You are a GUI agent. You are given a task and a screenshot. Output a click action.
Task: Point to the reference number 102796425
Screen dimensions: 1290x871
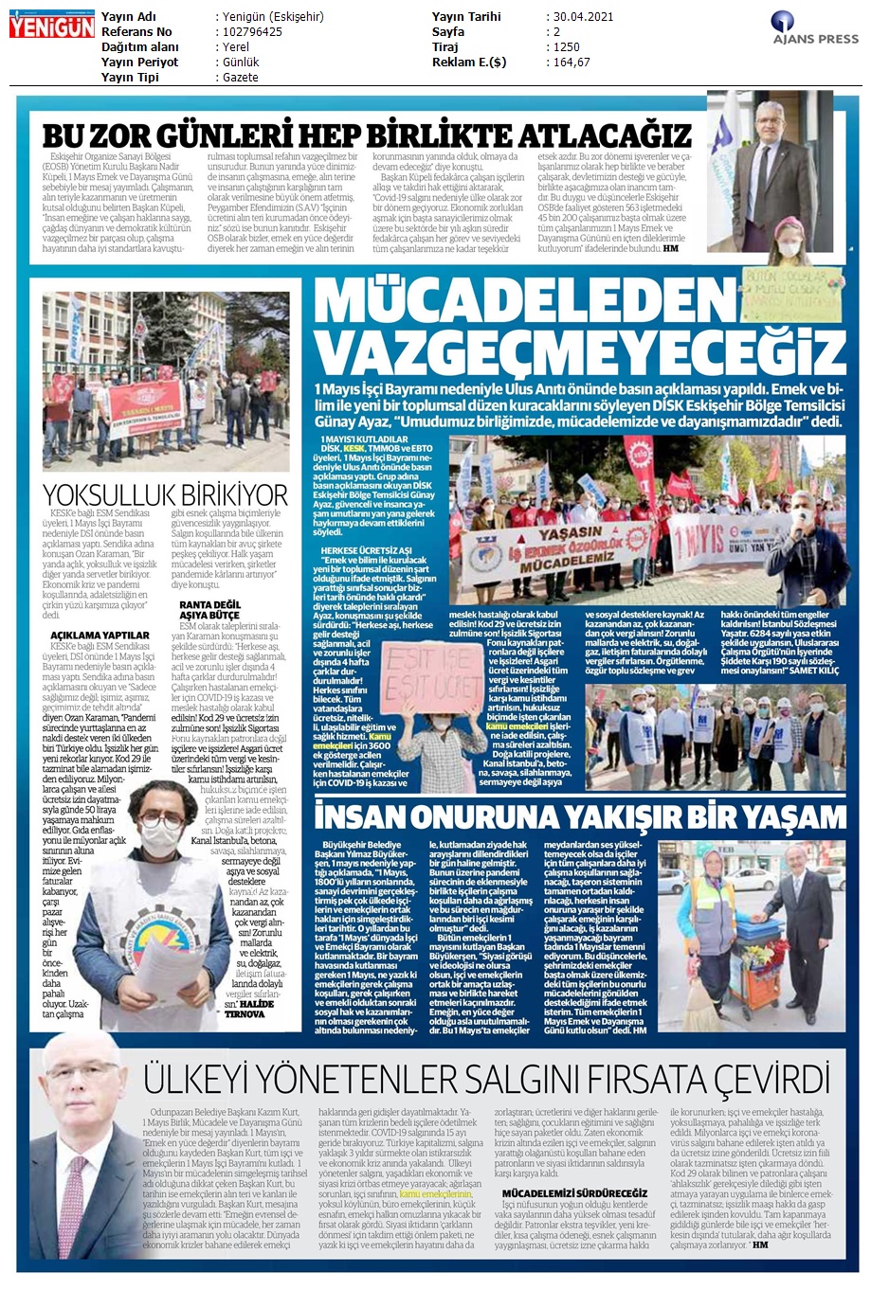pyautogui.click(x=252, y=32)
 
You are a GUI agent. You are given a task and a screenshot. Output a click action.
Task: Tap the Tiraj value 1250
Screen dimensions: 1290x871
pyautogui.click(x=567, y=47)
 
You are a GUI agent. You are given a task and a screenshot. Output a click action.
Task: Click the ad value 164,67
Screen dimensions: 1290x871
pyautogui.click(x=572, y=63)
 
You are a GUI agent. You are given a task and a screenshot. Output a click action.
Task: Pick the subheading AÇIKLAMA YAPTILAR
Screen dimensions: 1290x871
pyautogui.click(x=100, y=635)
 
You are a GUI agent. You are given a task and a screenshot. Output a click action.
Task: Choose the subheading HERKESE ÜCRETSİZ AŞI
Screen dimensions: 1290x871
pyautogui.click(x=367, y=550)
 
